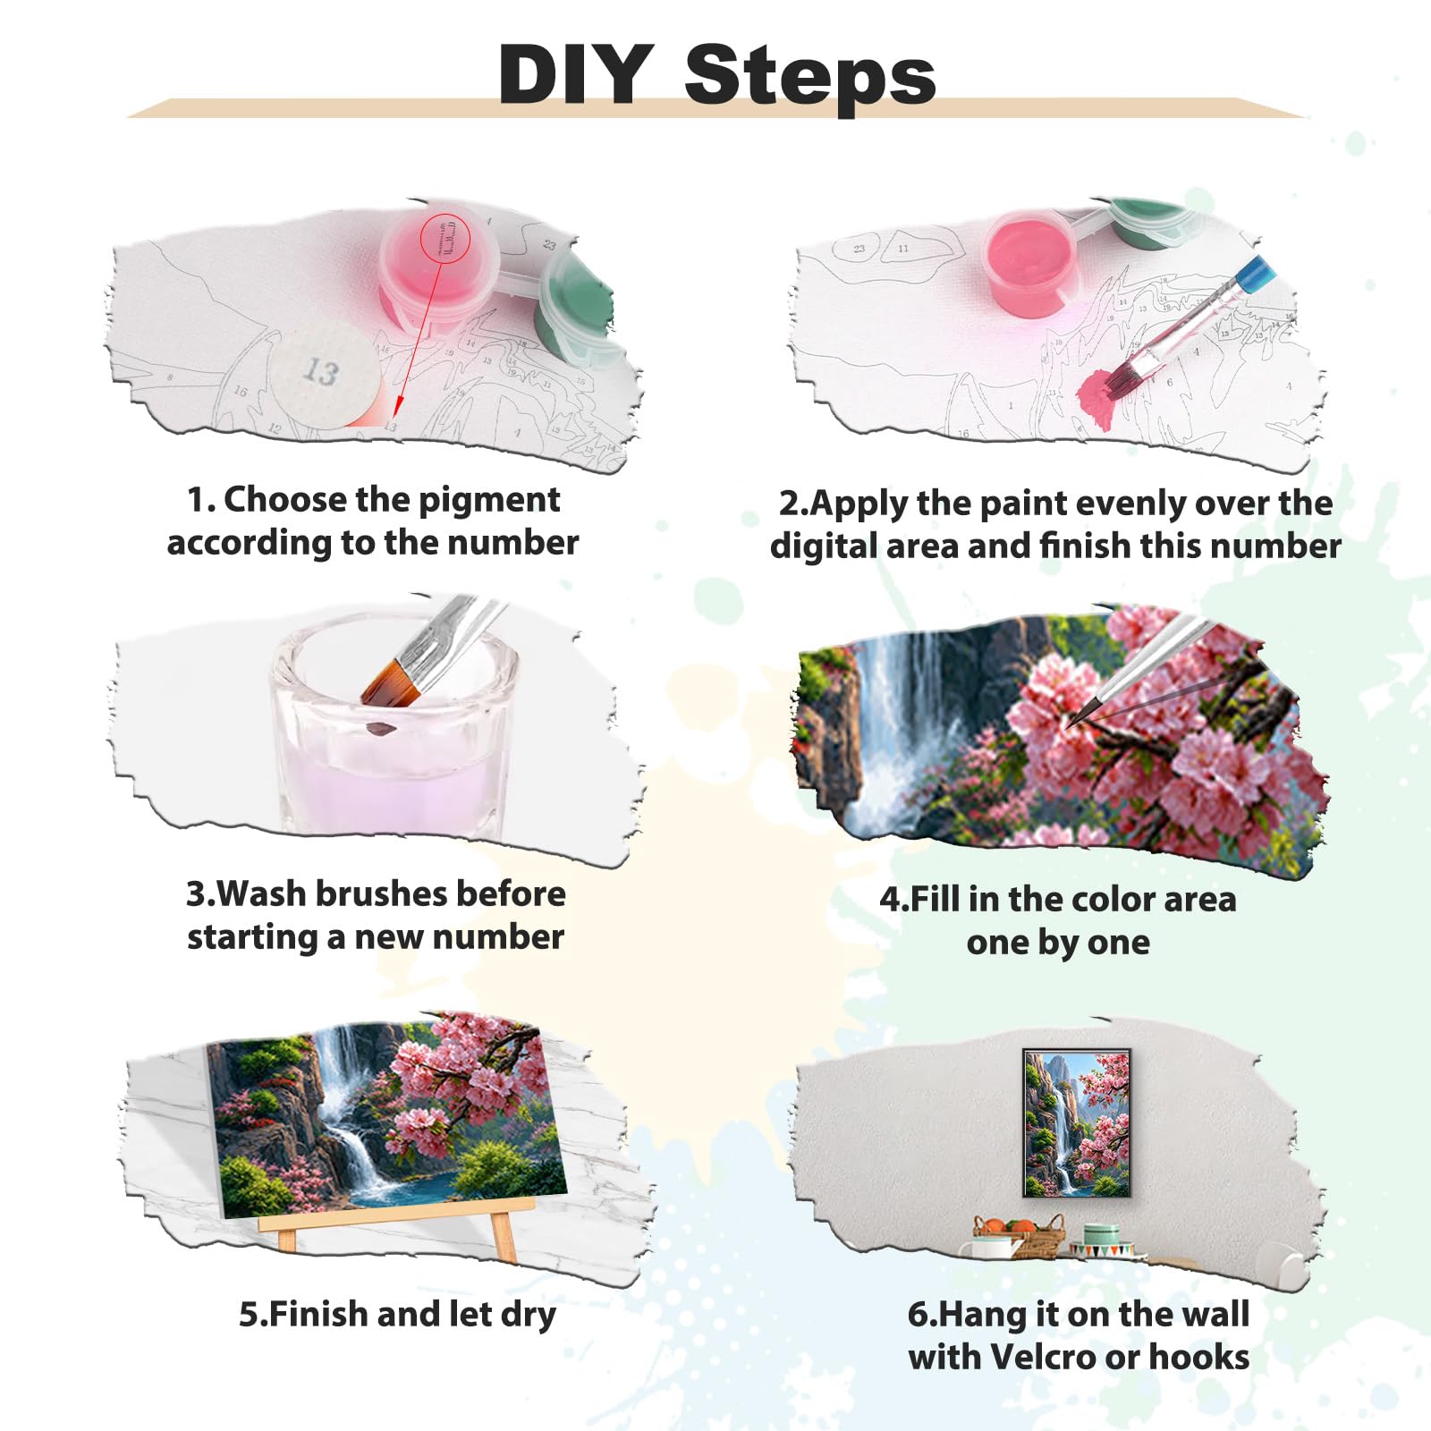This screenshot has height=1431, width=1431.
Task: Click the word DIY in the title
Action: [x=576, y=74]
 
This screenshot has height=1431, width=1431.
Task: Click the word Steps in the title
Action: [x=809, y=79]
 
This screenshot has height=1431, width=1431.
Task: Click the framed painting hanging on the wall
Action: [x=1077, y=1123]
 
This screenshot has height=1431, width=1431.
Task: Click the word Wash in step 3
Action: [x=260, y=893]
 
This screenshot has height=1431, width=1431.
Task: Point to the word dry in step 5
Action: [x=529, y=1317]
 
